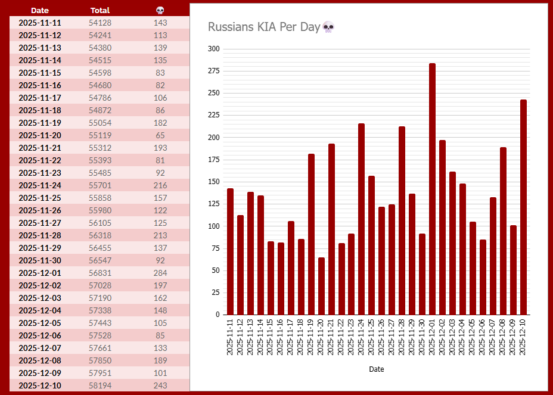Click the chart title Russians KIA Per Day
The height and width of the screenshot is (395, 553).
[264, 27]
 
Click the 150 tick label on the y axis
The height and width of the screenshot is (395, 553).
[213, 182]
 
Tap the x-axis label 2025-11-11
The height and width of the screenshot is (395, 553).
[230, 337]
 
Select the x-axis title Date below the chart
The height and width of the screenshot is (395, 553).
[377, 369]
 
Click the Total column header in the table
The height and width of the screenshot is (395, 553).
[100, 10]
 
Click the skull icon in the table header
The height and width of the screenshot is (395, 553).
[160, 10]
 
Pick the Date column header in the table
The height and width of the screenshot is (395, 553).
[40, 10]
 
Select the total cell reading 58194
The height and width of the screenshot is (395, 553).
[100, 385]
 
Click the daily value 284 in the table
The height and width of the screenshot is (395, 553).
[160, 273]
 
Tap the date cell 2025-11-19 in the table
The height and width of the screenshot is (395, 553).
[40, 123]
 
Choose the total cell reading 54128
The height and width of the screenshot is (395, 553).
[100, 23]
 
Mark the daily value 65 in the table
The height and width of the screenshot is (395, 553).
[160, 135]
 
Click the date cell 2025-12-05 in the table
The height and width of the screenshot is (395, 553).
[40, 323]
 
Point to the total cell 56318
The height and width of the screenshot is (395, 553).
[100, 235]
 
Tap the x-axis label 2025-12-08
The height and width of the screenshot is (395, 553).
[503, 337]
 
